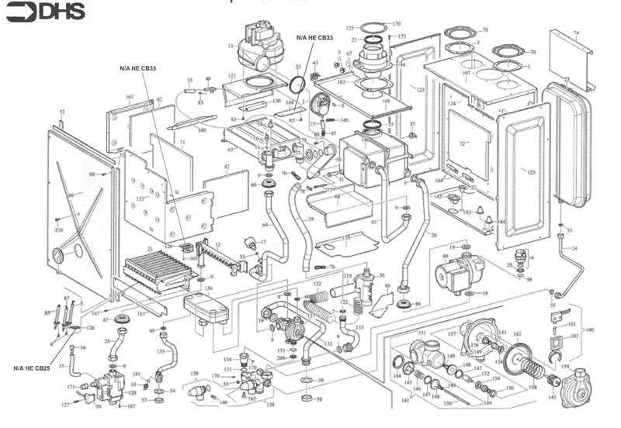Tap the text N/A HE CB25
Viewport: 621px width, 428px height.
pyautogui.click(x=32, y=368)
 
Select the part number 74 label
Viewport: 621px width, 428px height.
pyautogui.click(x=576, y=33)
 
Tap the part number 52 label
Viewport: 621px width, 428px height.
pyautogui.click(x=62, y=112)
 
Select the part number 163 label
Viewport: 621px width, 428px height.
pyautogui.click(x=130, y=97)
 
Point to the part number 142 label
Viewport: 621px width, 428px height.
pyautogui.click(x=517, y=333)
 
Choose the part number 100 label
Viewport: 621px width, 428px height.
pyautogui.click(x=590, y=330)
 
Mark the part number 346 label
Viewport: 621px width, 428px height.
pyautogui.click(x=344, y=120)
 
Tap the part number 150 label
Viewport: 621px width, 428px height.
pyautogui.click(x=447, y=403)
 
